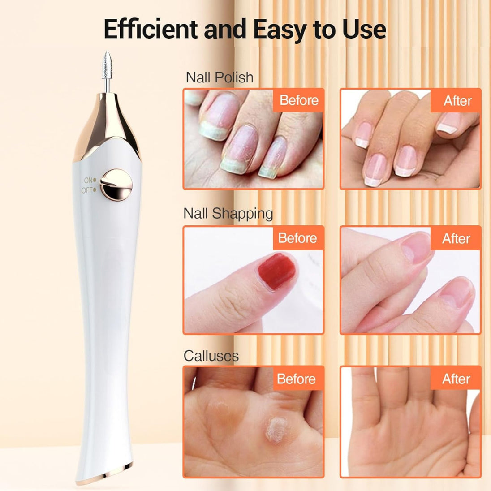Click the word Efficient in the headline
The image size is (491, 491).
[x=151, y=29]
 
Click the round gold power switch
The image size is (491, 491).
[x=116, y=185]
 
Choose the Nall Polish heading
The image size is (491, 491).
[x=220, y=78]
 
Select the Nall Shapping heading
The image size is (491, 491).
[x=228, y=214]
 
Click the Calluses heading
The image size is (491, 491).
[x=211, y=356]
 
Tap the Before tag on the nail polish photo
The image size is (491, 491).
[x=299, y=100]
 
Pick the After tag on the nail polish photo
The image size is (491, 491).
[x=457, y=100]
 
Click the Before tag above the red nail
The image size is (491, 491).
[x=298, y=238]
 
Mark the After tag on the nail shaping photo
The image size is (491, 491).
[x=456, y=238]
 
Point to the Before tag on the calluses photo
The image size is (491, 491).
[x=297, y=379]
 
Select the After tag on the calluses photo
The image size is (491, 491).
[x=456, y=379]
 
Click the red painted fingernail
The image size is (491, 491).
[x=276, y=271]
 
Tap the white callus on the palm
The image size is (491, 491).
[x=276, y=429]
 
